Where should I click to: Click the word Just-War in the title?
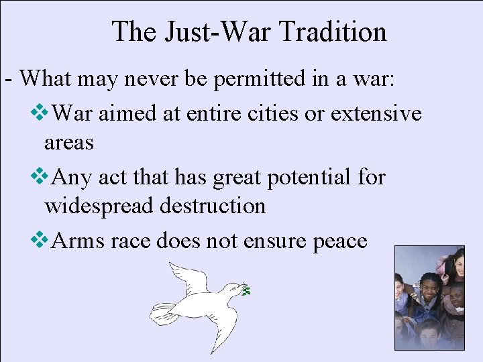pos(213,32)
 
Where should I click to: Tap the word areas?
pos(68,142)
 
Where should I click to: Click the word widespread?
pos(99,206)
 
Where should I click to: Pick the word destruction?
pos(213,206)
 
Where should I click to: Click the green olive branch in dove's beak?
pos(247,290)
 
